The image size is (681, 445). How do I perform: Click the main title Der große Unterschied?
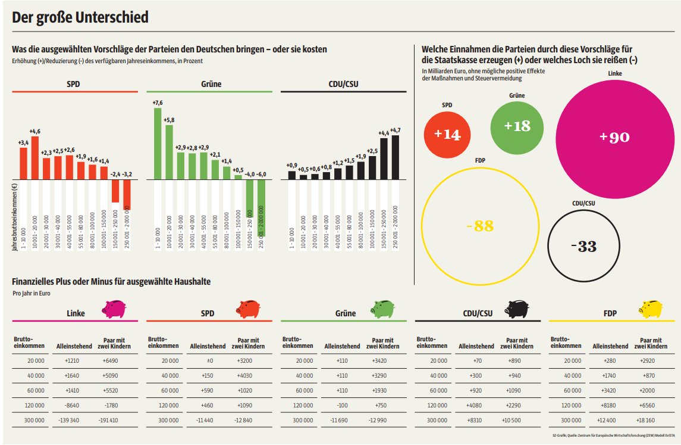tap(80, 18)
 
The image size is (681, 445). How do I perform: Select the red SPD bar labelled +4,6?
tap(35, 158)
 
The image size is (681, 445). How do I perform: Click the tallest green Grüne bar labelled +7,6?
tap(158, 143)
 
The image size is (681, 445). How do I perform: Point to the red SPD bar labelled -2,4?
tap(115, 191)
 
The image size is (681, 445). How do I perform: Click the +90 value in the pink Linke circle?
tap(614, 137)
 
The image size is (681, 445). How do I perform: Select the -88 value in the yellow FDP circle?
tap(480, 226)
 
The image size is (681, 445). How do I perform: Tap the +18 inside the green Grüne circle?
tap(517, 126)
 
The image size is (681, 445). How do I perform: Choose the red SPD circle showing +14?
tap(447, 135)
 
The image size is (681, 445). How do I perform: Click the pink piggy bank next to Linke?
tap(113, 309)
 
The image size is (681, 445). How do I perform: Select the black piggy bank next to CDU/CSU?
tap(516, 309)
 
